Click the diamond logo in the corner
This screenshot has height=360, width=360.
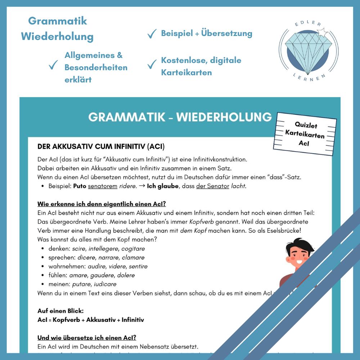point(309,50)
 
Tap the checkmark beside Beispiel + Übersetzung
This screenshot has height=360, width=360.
point(152,34)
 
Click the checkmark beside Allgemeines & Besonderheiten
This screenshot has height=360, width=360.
point(53,66)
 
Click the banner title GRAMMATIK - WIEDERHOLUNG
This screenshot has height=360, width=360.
point(180,117)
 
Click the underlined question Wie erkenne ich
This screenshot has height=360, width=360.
point(102,204)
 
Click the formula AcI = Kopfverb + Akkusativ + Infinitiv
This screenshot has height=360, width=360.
point(91,320)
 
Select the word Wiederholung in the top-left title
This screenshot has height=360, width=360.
point(57,36)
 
